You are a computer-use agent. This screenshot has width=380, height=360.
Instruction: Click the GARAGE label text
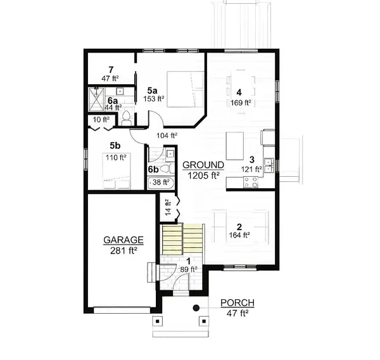pos(124,240)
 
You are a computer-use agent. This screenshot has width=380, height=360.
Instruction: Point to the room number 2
pos(239,227)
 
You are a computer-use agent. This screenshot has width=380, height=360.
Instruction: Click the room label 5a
pos(153,91)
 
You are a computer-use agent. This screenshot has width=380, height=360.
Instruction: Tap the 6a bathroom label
pos(112,101)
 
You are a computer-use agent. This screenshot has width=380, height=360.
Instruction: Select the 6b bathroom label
pos(153,169)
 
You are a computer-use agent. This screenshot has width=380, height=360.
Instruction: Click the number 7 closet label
pos(111,69)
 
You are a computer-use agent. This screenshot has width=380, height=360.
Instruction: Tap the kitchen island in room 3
pos(235,141)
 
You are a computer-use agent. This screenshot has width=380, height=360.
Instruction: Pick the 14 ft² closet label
pos(168,207)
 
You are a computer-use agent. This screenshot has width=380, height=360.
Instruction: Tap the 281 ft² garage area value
pos(124,250)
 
